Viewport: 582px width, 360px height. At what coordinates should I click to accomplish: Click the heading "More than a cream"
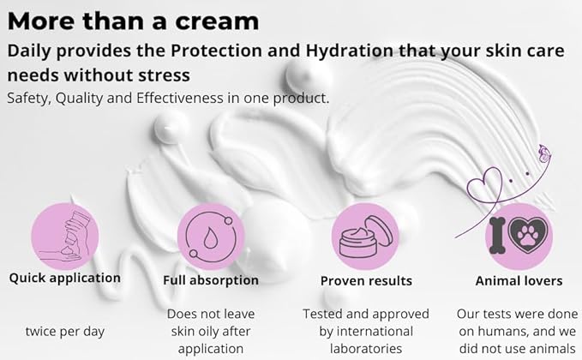tap(134, 20)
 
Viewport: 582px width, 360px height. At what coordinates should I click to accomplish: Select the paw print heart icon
tap(531, 232)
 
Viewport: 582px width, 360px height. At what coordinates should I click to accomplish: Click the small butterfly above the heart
tap(543, 154)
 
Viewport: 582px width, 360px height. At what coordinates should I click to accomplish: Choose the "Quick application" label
tap(65, 279)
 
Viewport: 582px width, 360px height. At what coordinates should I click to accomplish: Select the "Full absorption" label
tap(210, 280)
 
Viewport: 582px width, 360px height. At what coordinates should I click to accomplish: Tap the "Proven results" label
tap(366, 280)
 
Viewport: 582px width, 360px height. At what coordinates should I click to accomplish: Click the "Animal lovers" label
tap(519, 280)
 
